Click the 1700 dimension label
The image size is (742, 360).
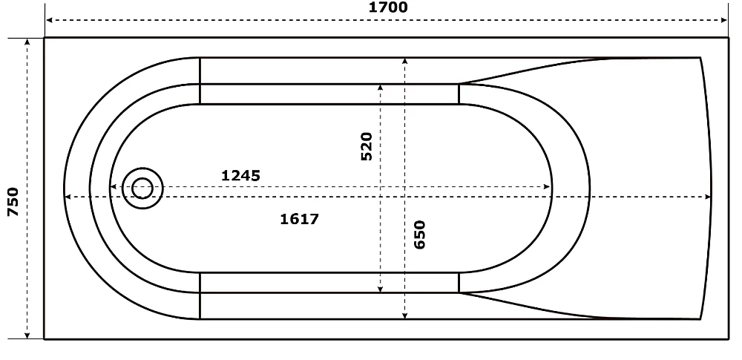387,7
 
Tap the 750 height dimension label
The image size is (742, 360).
13,202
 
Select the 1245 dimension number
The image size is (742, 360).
241,176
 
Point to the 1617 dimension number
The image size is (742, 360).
300,219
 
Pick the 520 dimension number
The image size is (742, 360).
367,146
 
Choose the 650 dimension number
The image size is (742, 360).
420,235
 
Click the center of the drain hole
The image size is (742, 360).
142,188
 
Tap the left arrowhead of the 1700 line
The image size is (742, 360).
49,20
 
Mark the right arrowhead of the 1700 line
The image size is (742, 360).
723,20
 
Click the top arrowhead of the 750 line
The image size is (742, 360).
27,42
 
